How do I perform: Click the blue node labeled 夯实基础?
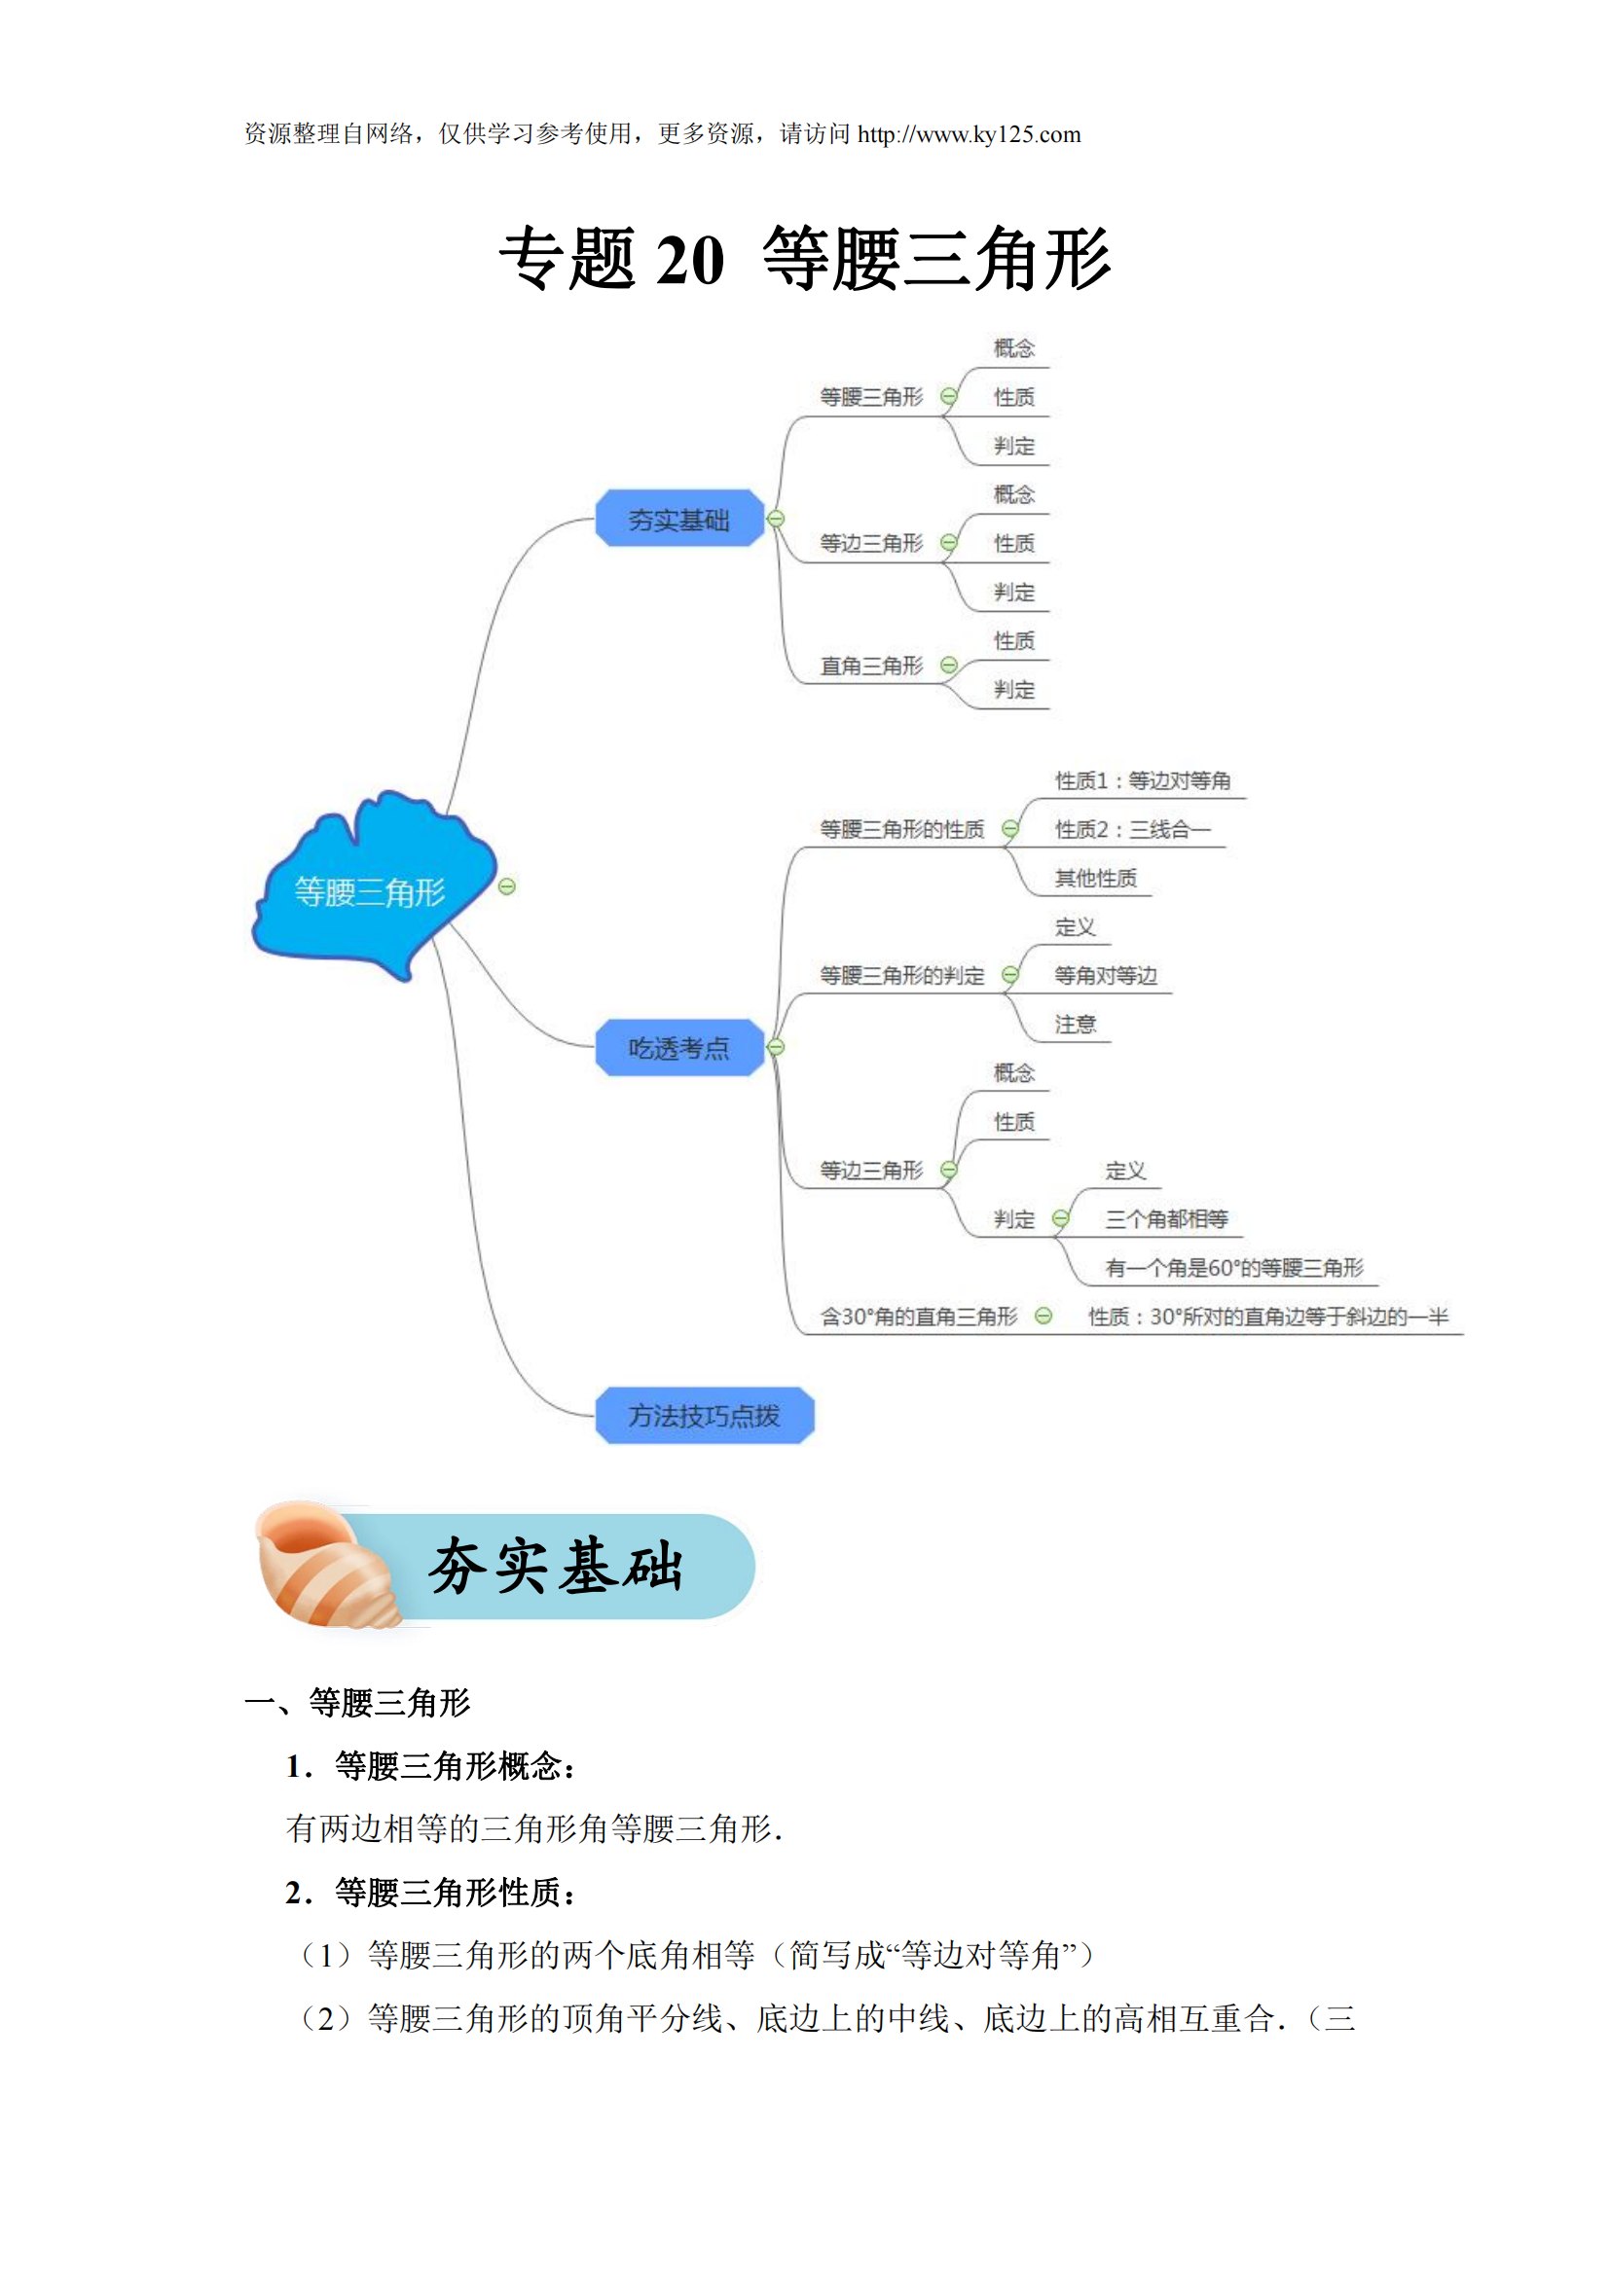click(x=679, y=519)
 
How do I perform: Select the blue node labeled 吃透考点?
click(x=679, y=1047)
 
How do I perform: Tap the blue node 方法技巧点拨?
click(x=704, y=1415)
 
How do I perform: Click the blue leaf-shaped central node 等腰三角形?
click(x=371, y=890)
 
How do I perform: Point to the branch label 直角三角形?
click(x=870, y=666)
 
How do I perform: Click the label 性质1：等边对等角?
click(x=1142, y=780)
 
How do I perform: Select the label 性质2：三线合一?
click(x=1132, y=829)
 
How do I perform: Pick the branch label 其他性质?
click(x=1095, y=878)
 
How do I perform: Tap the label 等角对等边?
click(x=1106, y=975)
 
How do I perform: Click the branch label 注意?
click(x=1075, y=1024)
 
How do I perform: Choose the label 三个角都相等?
click(x=1166, y=1218)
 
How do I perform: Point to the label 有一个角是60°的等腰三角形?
click(x=1234, y=1267)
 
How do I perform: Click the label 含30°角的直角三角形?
click(x=918, y=1316)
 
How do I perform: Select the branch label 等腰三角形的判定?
click(x=901, y=975)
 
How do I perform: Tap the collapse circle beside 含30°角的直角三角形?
click(x=1043, y=1316)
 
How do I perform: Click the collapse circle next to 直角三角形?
click(x=949, y=666)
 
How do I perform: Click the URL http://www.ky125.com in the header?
click(x=969, y=134)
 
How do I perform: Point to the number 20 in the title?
click(x=690, y=260)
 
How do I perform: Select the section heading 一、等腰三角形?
click(x=358, y=1702)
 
